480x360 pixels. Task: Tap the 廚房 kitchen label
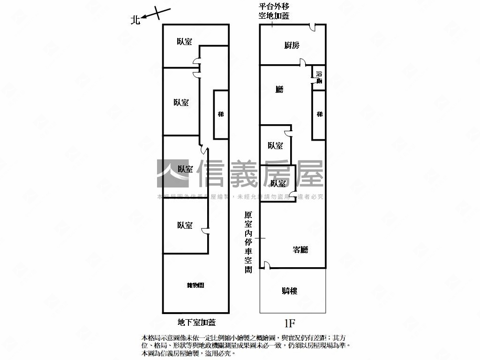tap(292, 45)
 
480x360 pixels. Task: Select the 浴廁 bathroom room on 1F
tap(319, 77)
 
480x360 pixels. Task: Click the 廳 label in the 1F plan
tap(279, 89)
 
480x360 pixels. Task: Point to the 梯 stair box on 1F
tap(319, 114)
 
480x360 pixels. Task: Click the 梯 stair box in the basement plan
tap(221, 114)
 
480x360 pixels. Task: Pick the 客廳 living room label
tap(300, 249)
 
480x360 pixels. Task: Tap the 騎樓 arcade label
tap(289, 291)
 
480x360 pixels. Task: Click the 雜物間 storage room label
tap(195, 285)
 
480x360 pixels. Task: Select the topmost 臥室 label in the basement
tap(184, 42)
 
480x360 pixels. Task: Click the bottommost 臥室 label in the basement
tap(185, 225)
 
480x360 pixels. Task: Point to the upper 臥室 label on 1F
tap(275, 146)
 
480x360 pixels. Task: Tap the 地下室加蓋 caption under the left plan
tap(196, 322)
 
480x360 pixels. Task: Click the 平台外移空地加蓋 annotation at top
tap(274, 11)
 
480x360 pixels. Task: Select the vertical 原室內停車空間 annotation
tap(248, 242)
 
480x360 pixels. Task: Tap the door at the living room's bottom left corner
tap(266, 266)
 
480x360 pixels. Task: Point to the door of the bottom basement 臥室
tap(205, 230)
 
